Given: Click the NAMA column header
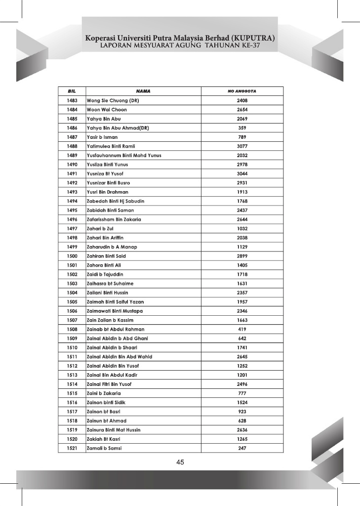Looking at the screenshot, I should point(143,91).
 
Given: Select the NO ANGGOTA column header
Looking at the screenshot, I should point(242,91).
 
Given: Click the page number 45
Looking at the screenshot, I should point(180,463).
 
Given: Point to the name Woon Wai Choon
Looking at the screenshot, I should point(107,110).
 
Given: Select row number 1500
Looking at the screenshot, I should point(72,256).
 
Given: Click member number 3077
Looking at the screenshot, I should point(242,146).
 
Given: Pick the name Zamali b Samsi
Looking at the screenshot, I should point(104,448).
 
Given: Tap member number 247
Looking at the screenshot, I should point(242,448).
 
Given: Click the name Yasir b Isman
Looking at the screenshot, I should point(102,137).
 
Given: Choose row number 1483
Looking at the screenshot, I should point(72,100).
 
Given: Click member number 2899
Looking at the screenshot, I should point(242,256).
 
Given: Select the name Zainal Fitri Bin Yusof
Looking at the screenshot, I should point(109,384).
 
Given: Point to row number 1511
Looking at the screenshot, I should point(72,357).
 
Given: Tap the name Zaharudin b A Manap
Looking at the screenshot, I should point(112,247).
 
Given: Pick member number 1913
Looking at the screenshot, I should point(242,192).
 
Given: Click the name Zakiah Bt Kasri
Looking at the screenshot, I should point(104,439).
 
